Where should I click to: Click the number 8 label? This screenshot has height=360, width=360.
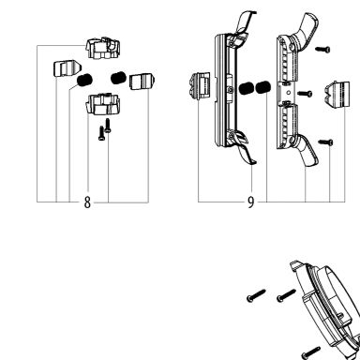87,202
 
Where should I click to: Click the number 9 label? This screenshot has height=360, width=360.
250,202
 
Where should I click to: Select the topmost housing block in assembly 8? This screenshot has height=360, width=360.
103,48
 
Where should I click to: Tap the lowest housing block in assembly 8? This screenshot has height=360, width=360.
102,103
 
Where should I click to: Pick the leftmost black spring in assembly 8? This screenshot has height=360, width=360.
84,80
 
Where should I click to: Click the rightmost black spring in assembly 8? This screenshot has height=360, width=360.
118,78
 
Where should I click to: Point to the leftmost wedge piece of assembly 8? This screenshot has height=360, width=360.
67,68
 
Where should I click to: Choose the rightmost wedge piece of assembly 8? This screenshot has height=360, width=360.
142,82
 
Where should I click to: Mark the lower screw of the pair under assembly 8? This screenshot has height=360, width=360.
101,133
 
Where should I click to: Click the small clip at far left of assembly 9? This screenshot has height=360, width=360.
200,85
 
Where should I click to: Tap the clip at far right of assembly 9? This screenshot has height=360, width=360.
337,95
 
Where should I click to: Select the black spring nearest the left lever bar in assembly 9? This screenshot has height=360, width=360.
246,88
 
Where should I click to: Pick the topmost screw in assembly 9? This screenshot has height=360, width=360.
322,49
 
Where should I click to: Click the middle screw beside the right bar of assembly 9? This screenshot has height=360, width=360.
305,93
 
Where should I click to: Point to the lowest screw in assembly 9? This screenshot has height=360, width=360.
325,142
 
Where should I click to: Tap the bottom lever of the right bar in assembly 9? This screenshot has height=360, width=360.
308,151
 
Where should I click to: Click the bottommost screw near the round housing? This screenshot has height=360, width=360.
310,352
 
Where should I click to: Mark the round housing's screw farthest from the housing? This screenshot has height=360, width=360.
256,295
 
